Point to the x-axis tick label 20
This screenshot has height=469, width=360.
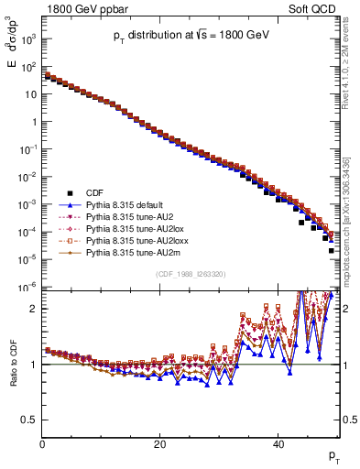click(160, 444)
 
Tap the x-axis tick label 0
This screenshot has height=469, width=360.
click(42, 444)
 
